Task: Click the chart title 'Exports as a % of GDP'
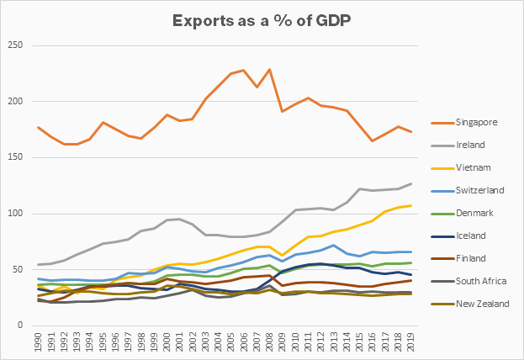(262, 19)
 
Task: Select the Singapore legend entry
(476, 122)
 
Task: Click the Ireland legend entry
(472, 146)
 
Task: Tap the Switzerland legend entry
(479, 191)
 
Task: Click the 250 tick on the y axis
(13, 45)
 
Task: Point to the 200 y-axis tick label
(13, 101)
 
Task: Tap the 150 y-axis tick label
(13, 157)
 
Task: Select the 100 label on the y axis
(13, 213)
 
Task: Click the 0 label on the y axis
(19, 325)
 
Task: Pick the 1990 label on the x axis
(40, 342)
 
